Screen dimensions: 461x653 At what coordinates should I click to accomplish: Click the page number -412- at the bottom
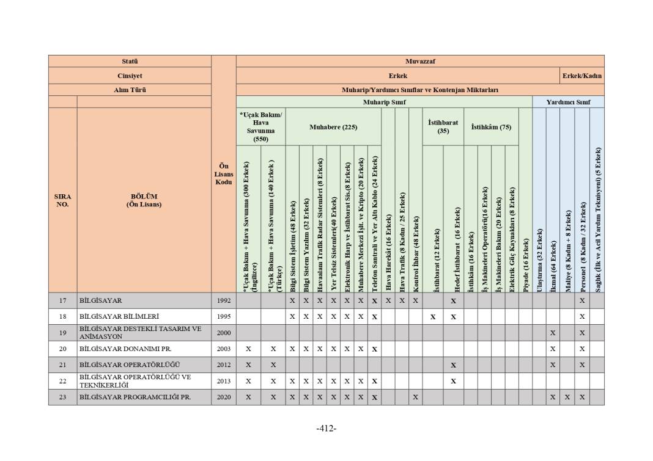(x=326, y=428)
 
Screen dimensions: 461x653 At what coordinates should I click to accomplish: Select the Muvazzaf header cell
(x=420, y=61)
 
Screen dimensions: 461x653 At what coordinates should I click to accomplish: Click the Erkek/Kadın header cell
(x=582, y=76)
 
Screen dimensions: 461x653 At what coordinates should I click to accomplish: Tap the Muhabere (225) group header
(x=333, y=127)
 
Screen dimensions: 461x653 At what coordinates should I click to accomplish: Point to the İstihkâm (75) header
(x=491, y=127)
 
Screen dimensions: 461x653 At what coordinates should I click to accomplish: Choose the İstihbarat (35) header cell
(x=443, y=126)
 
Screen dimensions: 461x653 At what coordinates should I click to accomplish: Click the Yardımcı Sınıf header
(x=568, y=102)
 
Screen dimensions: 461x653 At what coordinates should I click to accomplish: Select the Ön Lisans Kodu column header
(x=224, y=174)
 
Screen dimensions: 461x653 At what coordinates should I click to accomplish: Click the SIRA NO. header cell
(x=62, y=200)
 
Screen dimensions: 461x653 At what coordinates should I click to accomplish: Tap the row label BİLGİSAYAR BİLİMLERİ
(x=119, y=317)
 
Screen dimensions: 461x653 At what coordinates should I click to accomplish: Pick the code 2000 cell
(x=224, y=333)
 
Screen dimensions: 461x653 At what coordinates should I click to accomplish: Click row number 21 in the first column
(x=62, y=365)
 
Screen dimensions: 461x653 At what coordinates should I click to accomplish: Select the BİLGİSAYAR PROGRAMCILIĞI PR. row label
(x=135, y=397)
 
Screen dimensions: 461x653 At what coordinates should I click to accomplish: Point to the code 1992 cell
(x=224, y=300)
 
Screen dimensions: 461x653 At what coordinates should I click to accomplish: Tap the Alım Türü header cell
(x=130, y=90)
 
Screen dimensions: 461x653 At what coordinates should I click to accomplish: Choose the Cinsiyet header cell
(x=130, y=76)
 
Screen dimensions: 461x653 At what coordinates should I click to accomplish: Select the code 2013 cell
(x=224, y=381)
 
